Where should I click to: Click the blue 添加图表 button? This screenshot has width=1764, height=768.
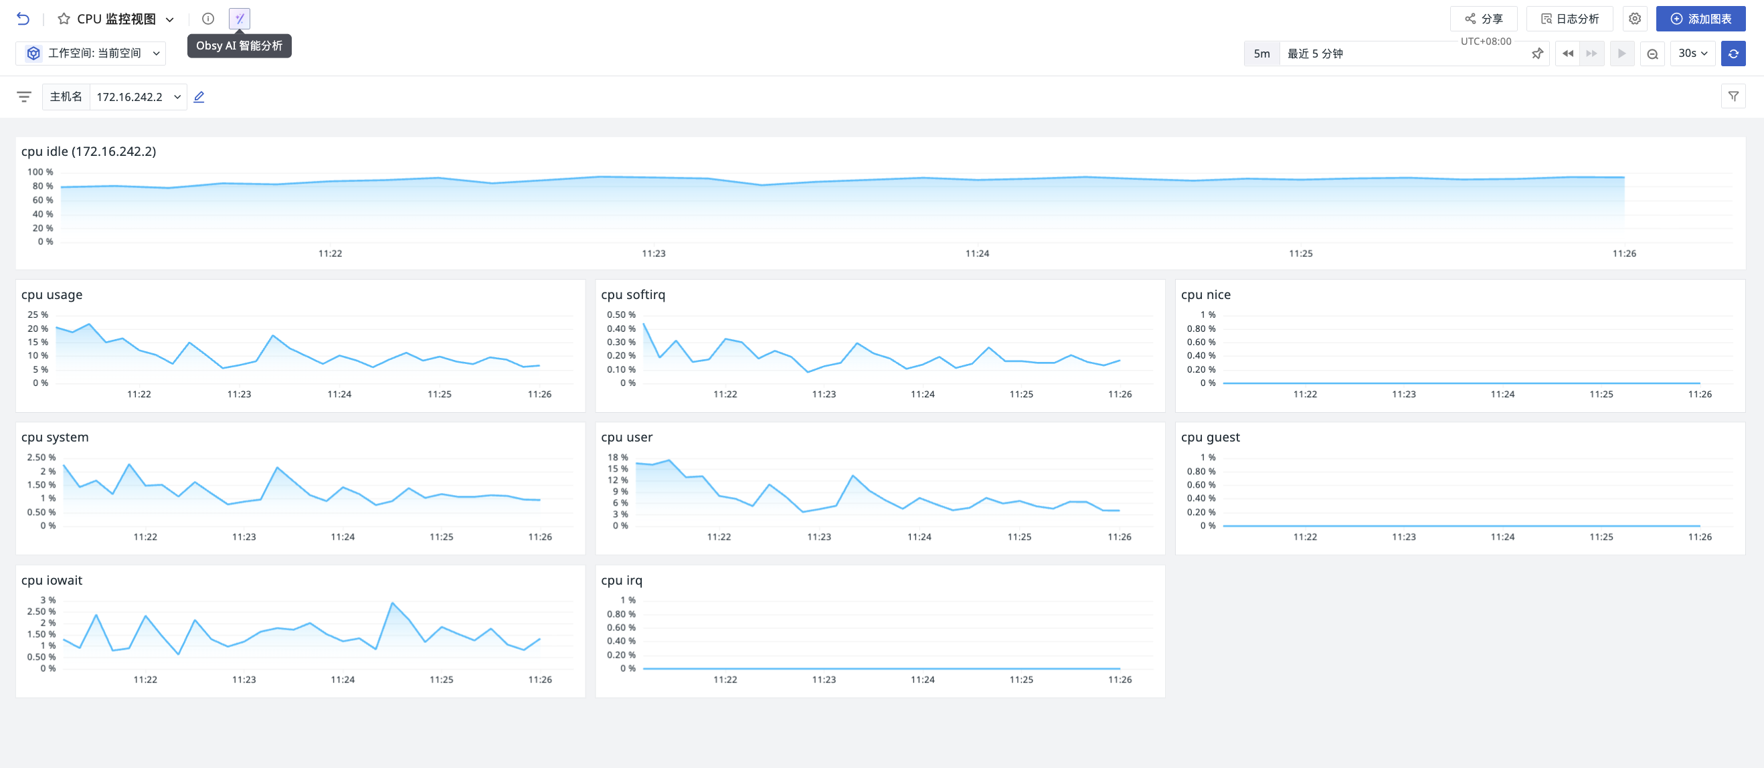pos(1700,19)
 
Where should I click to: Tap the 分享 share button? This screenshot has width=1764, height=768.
pos(1483,19)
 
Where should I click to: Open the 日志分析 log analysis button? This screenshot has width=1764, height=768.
pos(1569,19)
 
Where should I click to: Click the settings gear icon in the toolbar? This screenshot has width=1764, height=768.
pos(1635,19)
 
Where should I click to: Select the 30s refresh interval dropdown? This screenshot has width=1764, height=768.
pos(1693,54)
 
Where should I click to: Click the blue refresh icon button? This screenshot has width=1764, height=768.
pos(1733,54)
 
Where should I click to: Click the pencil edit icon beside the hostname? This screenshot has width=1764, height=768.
pos(199,96)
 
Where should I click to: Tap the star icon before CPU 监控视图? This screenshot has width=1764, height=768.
pos(64,19)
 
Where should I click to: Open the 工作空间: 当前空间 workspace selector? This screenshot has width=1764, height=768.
pos(91,53)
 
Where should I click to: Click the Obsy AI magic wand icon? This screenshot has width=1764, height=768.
pos(240,19)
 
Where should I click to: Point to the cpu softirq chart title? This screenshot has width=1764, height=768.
pos(633,294)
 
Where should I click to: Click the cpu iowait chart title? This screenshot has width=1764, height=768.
pos(52,580)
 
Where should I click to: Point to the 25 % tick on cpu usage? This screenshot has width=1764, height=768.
pos(37,314)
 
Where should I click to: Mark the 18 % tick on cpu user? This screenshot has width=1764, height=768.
pos(617,457)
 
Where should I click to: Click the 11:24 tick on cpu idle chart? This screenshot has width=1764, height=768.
pos(977,254)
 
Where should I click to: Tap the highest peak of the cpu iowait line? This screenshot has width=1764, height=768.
pos(392,603)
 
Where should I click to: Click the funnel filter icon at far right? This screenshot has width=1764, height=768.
pos(1733,96)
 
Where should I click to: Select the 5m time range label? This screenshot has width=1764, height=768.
pos(1261,54)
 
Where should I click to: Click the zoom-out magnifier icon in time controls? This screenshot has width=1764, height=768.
pos(1652,54)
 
